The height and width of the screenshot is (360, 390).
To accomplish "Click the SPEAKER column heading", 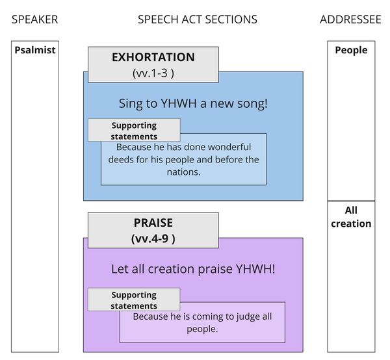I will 34,19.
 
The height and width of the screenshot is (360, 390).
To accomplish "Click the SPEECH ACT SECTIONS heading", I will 197,19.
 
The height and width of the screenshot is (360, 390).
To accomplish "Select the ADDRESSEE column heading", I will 350,19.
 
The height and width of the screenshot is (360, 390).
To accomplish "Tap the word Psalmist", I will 34,50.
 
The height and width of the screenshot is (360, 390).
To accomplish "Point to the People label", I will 351,50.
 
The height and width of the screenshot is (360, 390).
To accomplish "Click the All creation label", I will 351,217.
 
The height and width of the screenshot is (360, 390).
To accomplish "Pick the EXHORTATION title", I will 153,57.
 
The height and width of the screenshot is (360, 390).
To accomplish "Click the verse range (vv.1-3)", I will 153,73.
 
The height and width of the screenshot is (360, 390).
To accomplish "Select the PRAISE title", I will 153,223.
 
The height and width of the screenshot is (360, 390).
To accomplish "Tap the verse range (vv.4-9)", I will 153,238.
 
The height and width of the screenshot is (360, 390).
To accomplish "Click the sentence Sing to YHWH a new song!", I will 193,103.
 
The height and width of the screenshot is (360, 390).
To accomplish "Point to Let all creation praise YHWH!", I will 193,268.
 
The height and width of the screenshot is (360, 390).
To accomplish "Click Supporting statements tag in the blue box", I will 134,131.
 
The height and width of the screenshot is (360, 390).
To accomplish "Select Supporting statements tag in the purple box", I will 134,300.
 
